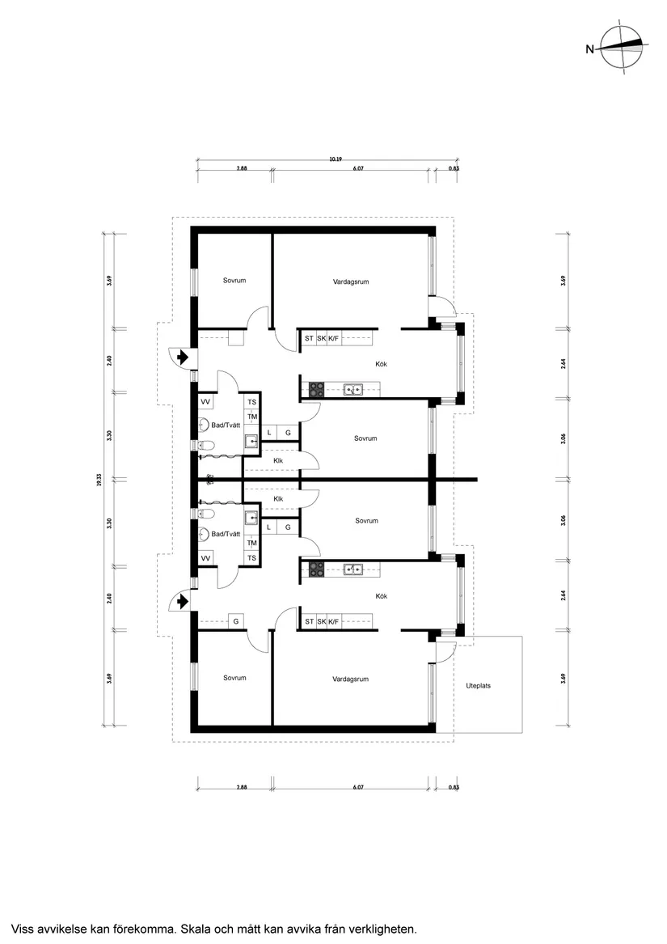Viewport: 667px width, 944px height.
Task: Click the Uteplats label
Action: [478, 685]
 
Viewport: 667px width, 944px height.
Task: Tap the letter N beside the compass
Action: [589, 49]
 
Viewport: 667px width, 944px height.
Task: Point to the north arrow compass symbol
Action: [623, 49]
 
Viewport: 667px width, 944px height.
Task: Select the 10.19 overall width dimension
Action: [335, 159]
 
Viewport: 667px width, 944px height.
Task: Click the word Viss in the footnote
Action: [23, 929]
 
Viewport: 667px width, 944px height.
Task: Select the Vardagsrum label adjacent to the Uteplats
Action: [350, 679]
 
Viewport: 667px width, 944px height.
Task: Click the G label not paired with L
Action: [236, 621]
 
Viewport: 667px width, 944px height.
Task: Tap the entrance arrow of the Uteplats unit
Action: [183, 601]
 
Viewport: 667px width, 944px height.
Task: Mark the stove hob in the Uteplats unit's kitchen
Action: [315, 569]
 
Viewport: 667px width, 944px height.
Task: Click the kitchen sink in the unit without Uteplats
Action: [352, 390]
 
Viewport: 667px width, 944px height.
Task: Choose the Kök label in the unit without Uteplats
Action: [381, 364]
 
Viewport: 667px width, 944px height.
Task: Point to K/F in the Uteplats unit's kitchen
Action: [333, 621]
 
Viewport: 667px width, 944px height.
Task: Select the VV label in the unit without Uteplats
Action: [205, 402]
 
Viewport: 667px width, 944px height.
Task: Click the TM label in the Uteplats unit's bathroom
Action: [251, 543]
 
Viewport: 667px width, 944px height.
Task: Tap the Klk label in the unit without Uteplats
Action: [278, 461]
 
